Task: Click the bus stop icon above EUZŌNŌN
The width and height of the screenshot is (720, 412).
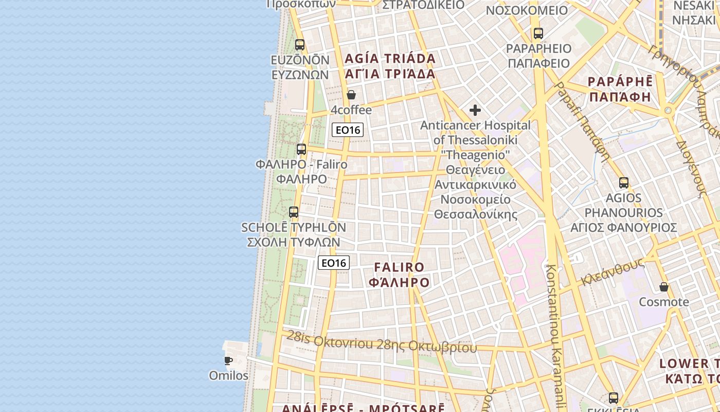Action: (x=300, y=45)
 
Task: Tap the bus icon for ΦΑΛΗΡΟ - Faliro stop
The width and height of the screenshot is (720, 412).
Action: (x=301, y=149)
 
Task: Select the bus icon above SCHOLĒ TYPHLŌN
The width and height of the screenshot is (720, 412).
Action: (x=294, y=212)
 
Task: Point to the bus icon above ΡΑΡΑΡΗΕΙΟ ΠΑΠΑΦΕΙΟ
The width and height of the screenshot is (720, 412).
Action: (x=538, y=33)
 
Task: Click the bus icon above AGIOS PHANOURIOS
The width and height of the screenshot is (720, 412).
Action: (x=624, y=182)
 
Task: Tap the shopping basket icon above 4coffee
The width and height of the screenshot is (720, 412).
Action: (x=351, y=95)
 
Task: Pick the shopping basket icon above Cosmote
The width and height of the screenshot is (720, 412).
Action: (x=664, y=287)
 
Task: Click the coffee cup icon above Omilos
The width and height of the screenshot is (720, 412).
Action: (x=228, y=360)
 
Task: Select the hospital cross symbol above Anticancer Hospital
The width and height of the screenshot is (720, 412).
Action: (x=475, y=110)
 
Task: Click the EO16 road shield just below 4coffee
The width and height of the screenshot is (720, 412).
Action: (x=348, y=130)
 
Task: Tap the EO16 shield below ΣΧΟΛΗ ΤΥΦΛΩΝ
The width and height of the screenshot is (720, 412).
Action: (x=334, y=263)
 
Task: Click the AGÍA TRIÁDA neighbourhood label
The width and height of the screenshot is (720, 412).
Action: (x=390, y=66)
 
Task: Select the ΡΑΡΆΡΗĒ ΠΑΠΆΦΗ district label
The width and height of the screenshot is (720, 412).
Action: (x=620, y=89)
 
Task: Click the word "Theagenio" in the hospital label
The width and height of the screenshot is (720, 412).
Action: (x=475, y=154)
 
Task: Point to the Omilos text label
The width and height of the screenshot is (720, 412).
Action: (x=228, y=375)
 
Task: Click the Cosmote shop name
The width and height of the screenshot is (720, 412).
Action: (x=664, y=302)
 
